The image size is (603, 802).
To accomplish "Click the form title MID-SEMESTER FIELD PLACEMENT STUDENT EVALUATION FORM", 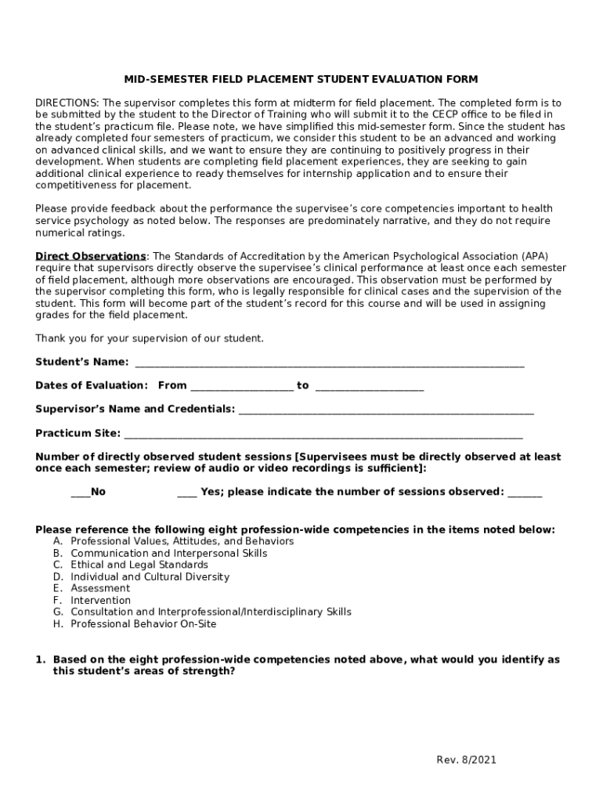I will pos(301,79).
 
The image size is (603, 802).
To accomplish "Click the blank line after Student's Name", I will pos(329,363).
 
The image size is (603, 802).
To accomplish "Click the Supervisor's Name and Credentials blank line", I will pos(386,410).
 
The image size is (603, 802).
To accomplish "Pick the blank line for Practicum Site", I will pos(323,434).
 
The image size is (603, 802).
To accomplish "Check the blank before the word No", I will pos(80,493).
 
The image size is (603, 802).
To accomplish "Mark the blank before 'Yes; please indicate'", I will pos(186,493).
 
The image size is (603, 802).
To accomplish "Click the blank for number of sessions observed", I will pos(525,493).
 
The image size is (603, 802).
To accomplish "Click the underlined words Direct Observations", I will pos(91,256).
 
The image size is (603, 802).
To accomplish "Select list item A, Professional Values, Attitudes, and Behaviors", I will pos(182,541).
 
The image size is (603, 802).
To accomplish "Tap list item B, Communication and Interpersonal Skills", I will pos(168,553).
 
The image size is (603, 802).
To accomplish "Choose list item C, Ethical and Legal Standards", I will pos(139,565).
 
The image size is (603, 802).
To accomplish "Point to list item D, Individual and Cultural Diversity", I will pos(150,576).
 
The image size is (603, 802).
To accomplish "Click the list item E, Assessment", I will pos(100,588).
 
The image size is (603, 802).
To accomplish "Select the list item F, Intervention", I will pos(100,600).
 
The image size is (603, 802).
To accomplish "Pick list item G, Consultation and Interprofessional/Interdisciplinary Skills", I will pos(211,612).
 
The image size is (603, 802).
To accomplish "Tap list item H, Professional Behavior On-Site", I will pos(143,624).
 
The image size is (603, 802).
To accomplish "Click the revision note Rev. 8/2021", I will pos(466,760).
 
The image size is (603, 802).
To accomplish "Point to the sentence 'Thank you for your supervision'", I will pos(150,338).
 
